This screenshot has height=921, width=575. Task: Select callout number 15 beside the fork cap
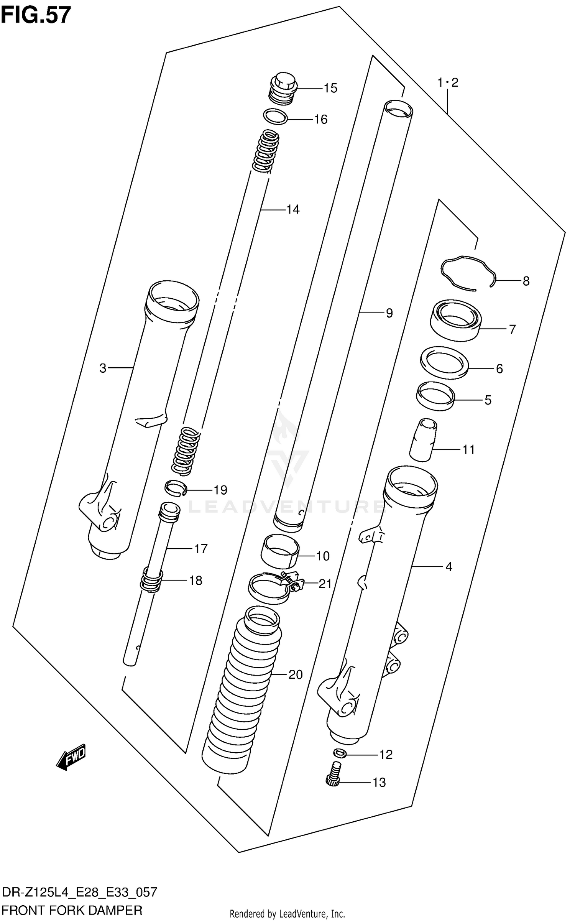click(330, 88)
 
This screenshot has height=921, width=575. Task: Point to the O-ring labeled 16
click(276, 117)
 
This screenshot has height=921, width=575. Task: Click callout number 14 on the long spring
click(293, 209)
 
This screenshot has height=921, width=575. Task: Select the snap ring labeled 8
click(468, 274)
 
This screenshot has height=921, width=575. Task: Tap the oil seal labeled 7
click(455, 320)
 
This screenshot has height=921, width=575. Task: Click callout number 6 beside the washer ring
click(499, 368)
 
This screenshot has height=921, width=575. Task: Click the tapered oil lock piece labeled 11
click(423, 439)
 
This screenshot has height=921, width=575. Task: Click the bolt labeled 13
click(334, 775)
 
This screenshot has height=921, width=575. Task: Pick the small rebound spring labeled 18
click(151, 580)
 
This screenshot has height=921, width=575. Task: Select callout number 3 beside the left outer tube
click(103, 368)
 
